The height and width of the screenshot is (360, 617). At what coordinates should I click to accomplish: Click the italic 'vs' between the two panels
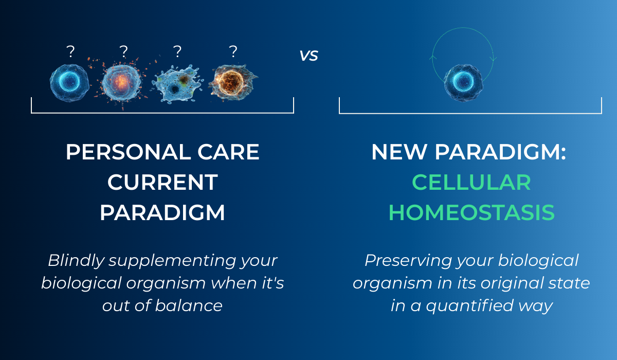309,56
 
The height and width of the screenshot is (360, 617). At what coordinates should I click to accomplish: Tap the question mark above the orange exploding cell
124,51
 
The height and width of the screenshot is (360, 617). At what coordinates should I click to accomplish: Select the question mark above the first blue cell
70,51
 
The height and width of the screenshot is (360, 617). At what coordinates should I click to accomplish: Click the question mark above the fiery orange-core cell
233,51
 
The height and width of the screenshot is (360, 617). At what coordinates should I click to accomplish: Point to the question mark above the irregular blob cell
177,51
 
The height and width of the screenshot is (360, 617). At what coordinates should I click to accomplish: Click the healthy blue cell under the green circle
463,83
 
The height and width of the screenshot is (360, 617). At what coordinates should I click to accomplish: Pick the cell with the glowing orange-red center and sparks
121,82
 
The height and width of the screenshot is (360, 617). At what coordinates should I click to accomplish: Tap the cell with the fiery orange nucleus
233,82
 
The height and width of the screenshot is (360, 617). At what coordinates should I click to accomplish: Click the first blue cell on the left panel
70,83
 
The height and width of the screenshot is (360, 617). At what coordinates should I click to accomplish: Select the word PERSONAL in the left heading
128,152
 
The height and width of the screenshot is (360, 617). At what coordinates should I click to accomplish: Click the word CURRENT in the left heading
162,183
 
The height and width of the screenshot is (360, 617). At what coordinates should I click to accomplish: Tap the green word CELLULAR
471,183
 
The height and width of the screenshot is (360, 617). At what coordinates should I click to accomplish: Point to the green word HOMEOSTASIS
471,212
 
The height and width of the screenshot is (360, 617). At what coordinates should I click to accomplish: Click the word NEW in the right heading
399,152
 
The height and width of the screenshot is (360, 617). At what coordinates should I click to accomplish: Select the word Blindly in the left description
76,261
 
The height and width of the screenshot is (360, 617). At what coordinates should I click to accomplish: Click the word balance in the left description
189,305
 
